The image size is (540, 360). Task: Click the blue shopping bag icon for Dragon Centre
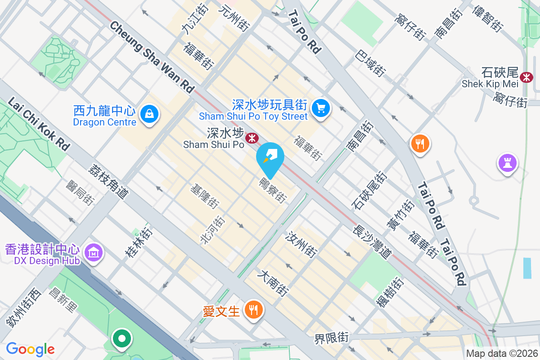click(x=148, y=114)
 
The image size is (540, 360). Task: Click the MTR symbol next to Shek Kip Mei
click(x=525, y=77)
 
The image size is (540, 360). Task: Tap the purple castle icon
click(x=507, y=162)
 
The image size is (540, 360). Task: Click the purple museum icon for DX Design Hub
click(x=94, y=253)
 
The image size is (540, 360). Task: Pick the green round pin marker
click(x=121, y=339)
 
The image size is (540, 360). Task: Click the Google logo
click(x=30, y=349)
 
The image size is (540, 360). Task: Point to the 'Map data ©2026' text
click(x=501, y=353)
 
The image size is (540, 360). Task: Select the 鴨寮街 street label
click(x=272, y=190)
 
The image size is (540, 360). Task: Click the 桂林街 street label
click(x=139, y=243)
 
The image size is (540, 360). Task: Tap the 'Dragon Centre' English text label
click(x=104, y=122)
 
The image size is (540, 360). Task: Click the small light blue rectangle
click(x=527, y=268)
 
